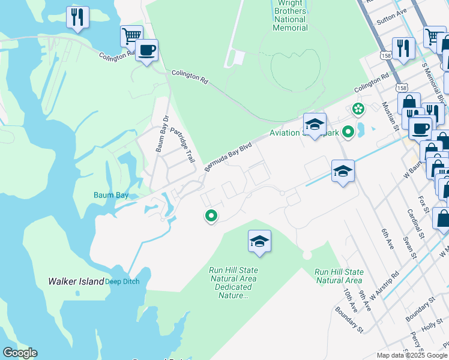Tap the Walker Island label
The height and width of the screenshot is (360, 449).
tap(76, 281)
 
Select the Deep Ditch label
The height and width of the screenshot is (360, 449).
tap(122, 281)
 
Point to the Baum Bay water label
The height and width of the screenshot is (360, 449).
tap(111, 194)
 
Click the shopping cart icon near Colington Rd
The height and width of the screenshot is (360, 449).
tap(131, 35)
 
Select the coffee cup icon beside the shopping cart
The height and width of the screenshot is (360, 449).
tap(146, 50)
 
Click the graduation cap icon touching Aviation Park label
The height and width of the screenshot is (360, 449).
tap(315, 124)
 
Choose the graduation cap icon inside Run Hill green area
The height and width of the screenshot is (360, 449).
tap(259, 241)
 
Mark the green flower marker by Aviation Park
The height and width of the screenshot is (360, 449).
tap(358, 109)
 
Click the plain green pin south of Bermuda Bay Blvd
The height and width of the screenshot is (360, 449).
tap(211, 215)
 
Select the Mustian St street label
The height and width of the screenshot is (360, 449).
tap(391, 115)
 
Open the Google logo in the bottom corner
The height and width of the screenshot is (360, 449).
tap(20, 353)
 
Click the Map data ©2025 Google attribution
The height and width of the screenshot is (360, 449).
tap(412, 355)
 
